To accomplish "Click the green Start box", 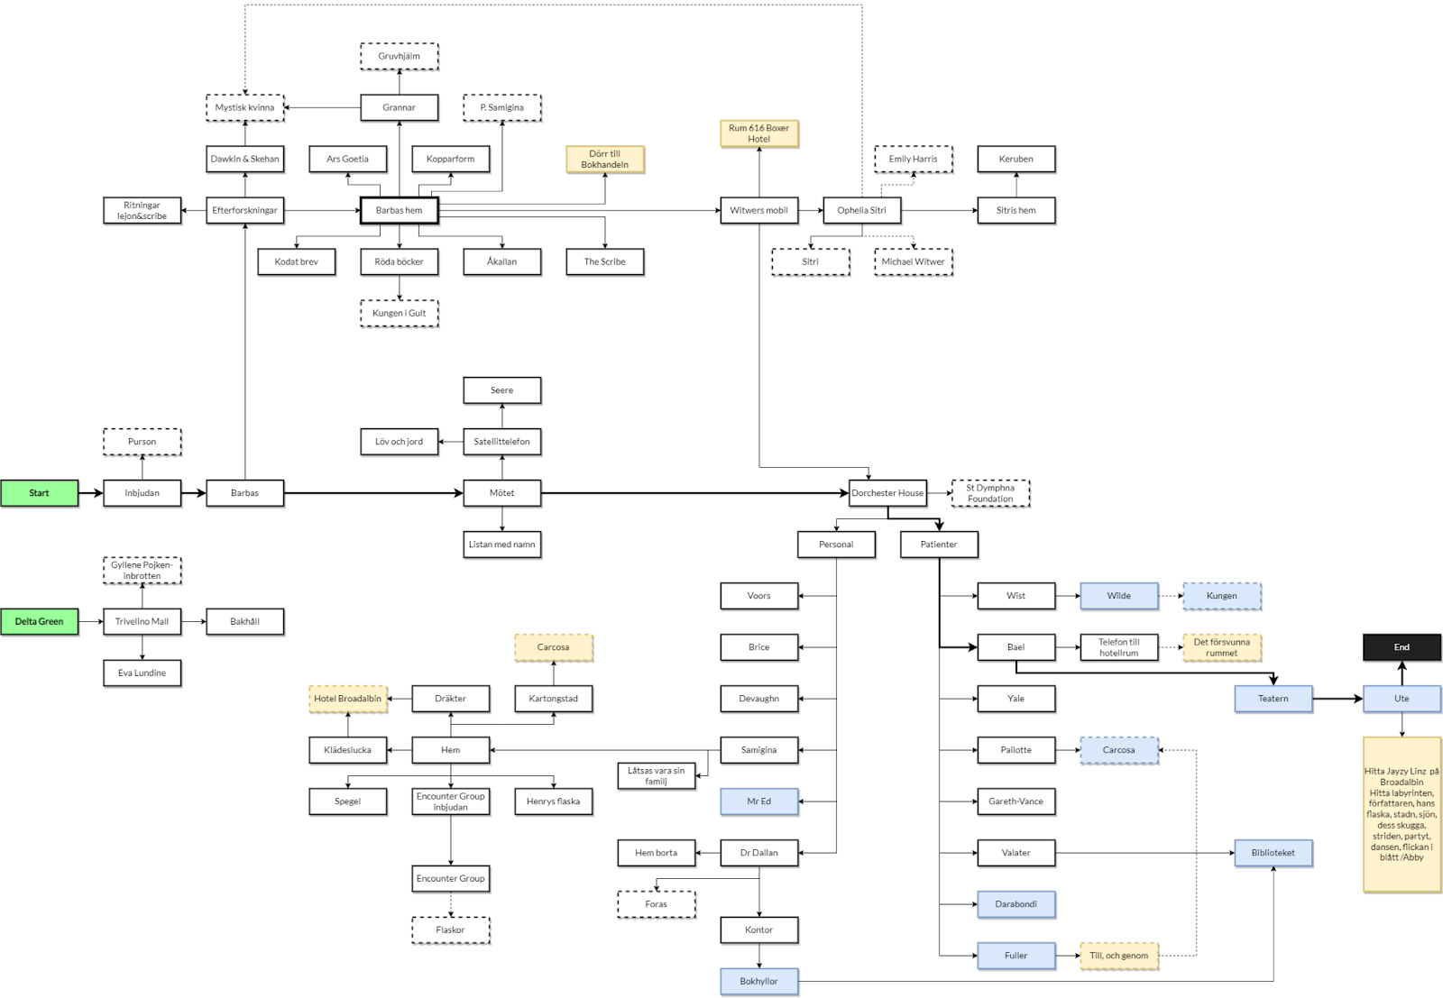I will tap(39, 493).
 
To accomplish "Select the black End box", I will tap(1402, 647).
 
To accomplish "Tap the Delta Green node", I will tap(39, 621).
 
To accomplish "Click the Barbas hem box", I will tap(399, 210).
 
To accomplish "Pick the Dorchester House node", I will tap(887, 493).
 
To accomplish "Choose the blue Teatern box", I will tap(1273, 699).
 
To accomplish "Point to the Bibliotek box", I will tap(1273, 853).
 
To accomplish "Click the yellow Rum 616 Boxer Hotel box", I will tap(758, 133).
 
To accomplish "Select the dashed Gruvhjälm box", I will tap(399, 56).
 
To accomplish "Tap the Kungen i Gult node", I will tap(399, 313).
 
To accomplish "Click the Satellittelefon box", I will tap(501, 442).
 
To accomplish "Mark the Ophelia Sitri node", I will tap(861, 210).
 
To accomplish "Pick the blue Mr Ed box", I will tap(758, 801).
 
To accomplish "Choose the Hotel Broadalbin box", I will tap(347, 699).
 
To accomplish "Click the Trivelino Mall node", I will tap(142, 621).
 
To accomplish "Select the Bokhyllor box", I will tap(758, 981).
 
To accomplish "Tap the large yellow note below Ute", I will tap(1402, 814).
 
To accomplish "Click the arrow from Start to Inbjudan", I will tap(90, 493).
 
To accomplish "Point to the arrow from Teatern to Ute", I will tap(1337, 699).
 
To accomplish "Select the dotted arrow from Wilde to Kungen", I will tap(1170, 596).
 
